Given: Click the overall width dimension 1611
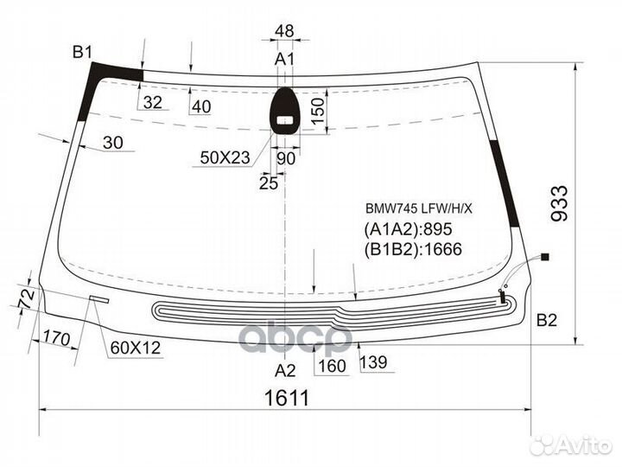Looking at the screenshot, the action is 287,398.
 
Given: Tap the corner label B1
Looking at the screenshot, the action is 83,52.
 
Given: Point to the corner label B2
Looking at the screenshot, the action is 547,320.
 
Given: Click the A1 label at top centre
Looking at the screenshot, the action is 284,59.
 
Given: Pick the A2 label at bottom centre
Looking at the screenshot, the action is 285,371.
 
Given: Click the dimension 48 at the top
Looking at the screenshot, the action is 284,30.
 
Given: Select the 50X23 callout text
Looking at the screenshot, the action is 225,158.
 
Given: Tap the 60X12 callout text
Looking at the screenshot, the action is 136,348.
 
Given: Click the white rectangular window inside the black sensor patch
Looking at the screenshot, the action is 285,120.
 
